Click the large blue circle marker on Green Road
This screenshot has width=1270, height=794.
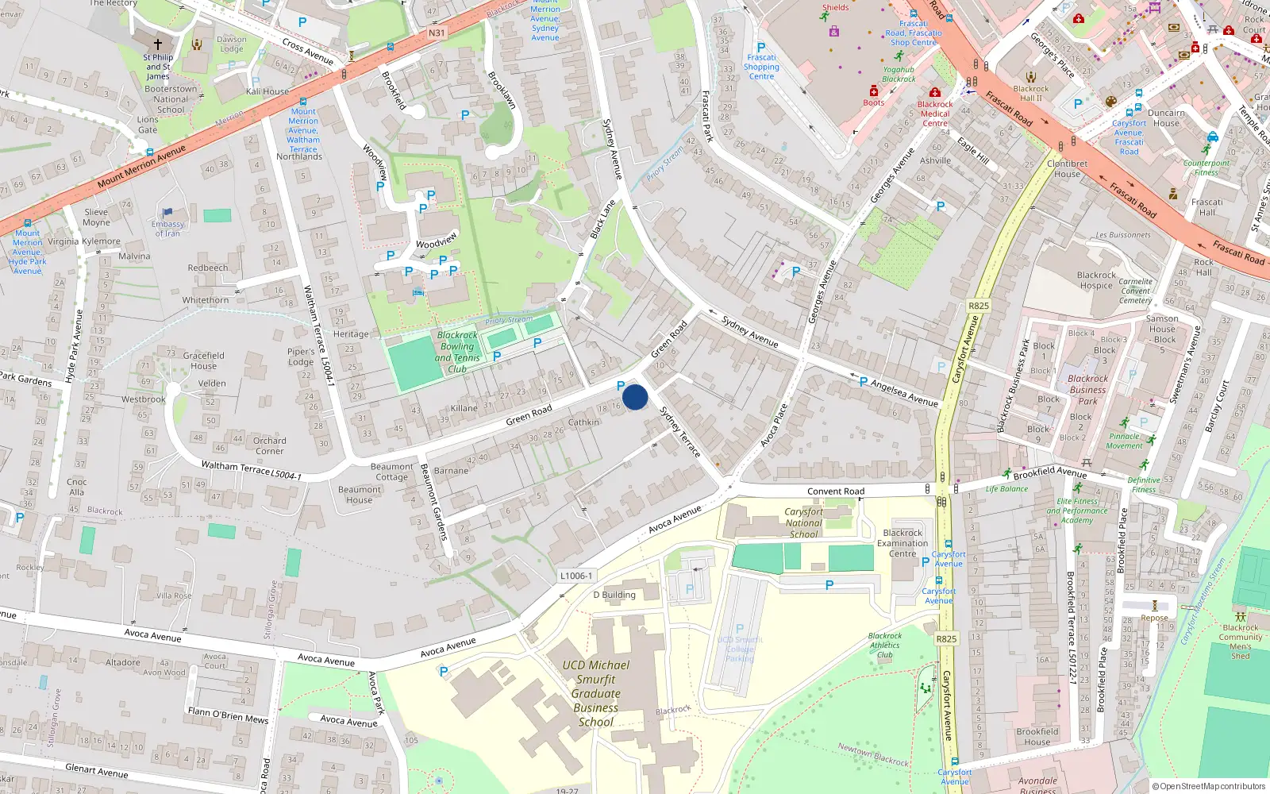635,397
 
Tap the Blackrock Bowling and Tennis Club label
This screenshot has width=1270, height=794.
457,352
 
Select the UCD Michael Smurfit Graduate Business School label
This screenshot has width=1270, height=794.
596,693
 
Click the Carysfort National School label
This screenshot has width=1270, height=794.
803,523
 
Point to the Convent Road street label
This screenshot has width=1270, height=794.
835,491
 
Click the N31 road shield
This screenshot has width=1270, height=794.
437,33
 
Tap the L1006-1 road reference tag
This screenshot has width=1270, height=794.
575,576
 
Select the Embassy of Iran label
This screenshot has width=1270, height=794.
167,229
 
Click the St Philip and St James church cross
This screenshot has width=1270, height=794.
158,44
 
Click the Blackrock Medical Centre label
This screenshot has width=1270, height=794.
935,114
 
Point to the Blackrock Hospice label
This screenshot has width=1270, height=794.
1096,280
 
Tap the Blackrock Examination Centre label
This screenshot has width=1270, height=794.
902,543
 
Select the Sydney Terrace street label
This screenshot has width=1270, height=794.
680,432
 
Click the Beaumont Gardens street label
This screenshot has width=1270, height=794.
434,502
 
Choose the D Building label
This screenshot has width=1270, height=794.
614,595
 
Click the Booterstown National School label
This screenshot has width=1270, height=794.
171,99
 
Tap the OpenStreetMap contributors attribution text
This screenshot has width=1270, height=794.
1209,786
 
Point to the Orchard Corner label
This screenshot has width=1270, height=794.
270,445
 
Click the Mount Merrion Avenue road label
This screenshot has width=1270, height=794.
141,167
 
